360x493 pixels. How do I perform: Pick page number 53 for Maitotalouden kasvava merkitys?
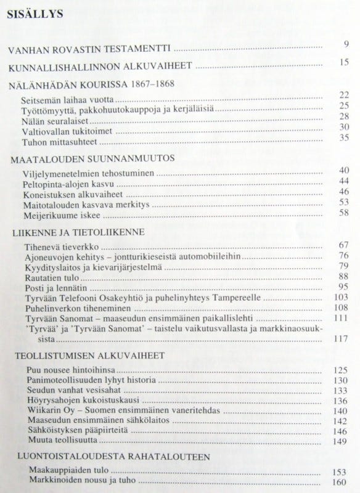tap(345, 202)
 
